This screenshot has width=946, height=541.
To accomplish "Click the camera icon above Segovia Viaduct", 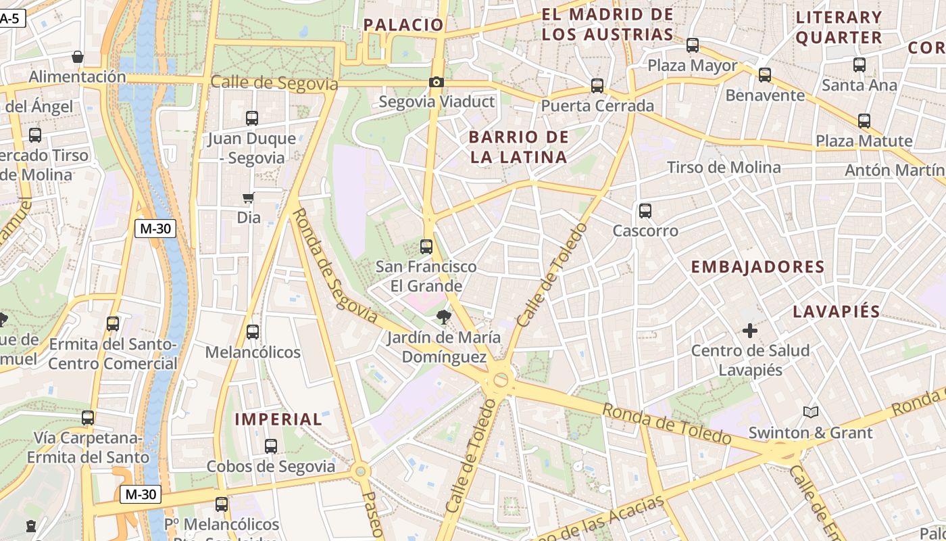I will pyautogui.click(x=437, y=83).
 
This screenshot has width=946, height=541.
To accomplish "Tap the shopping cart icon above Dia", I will pyautogui.click(x=249, y=198).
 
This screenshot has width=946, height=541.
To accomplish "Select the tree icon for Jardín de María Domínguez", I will pyautogui.click(x=443, y=316).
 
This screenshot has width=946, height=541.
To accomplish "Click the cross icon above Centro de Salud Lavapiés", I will pyautogui.click(x=750, y=331).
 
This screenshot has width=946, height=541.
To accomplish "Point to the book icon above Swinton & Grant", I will pyautogui.click(x=811, y=412).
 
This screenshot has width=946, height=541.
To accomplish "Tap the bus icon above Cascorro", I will pyautogui.click(x=645, y=211).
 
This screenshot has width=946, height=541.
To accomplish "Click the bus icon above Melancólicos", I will pyautogui.click(x=253, y=332).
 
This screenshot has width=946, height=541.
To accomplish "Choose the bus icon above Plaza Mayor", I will pyautogui.click(x=693, y=45).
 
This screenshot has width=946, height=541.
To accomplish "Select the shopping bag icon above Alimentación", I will pyautogui.click(x=78, y=57).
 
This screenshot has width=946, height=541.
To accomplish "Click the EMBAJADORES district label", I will pyautogui.click(x=757, y=267).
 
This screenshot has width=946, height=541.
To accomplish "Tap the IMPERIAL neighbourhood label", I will pyautogui.click(x=278, y=419).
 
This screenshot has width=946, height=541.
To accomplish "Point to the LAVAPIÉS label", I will pyautogui.click(x=836, y=312).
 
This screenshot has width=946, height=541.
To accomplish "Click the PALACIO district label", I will pyautogui.click(x=403, y=25).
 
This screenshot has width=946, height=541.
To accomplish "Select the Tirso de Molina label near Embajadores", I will pyautogui.click(x=723, y=167).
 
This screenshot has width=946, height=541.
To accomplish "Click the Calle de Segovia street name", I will pyautogui.click(x=274, y=83).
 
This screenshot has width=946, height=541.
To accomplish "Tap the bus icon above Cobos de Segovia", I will pyautogui.click(x=271, y=446).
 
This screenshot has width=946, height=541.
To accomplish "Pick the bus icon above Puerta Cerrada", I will pyautogui.click(x=597, y=86).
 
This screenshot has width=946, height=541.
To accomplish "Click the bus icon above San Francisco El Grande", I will pyautogui.click(x=426, y=246).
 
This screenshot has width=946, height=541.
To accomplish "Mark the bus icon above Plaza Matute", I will pyautogui.click(x=864, y=121).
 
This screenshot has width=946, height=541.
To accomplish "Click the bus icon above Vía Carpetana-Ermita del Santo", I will pyautogui.click(x=88, y=418).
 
